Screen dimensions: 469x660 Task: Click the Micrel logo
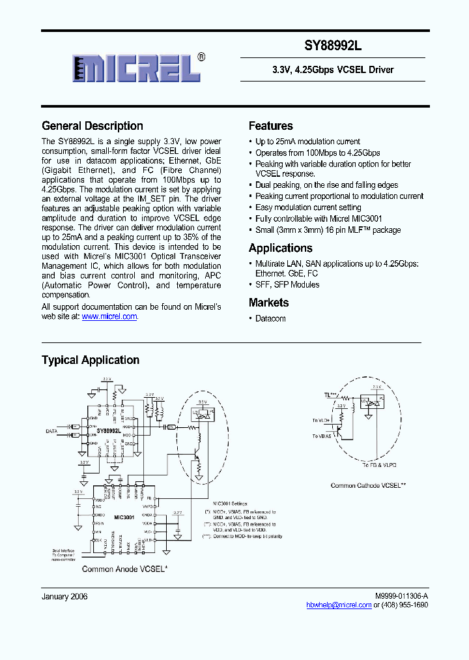[x=139, y=68]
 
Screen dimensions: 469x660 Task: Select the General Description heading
[x=92, y=126]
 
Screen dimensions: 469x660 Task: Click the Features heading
[x=271, y=126]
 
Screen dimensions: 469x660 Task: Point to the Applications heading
[x=281, y=248]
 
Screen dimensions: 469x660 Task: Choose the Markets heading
[x=268, y=303]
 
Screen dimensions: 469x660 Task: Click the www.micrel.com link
[x=109, y=316]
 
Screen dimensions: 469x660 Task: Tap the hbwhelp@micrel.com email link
[x=339, y=605]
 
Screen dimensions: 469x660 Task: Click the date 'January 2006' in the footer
[x=64, y=596]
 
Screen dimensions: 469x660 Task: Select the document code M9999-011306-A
[x=401, y=596]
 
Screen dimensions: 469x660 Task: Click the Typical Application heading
[x=91, y=360]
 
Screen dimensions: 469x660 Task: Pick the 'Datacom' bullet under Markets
[x=270, y=318]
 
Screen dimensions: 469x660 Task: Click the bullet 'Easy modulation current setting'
[x=308, y=207]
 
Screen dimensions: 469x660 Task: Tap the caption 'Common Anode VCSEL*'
[x=124, y=569]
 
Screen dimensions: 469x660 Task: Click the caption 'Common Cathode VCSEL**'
[x=368, y=485]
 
